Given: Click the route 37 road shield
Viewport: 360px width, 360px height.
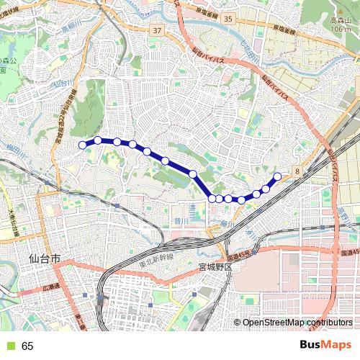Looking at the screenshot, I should coord(157,31).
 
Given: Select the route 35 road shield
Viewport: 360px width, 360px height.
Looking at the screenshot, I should coord(228,17).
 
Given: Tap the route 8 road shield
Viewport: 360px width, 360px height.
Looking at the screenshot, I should coord(297,170).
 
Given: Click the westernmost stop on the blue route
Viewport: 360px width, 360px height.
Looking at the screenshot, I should coord(83,145).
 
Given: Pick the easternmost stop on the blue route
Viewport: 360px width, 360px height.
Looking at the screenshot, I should coord(277,176).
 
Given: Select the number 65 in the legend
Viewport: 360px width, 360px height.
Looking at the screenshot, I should coord(28,346).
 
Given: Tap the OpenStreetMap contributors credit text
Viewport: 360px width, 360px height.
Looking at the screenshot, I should coord(297,323).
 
